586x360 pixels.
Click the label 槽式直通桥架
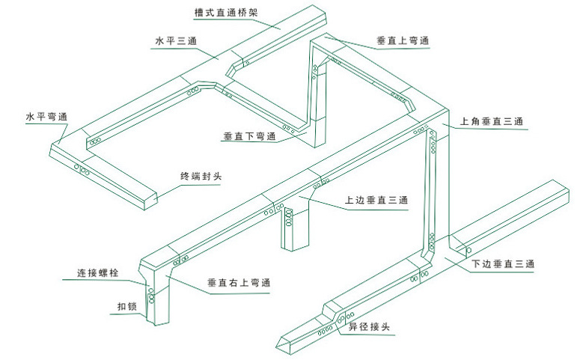pyautogui.click(x=216, y=13)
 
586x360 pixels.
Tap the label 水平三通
pyautogui.click(x=175, y=42)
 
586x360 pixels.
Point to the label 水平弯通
pyautogui.click(x=46, y=118)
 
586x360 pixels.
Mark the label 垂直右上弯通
pyautogui.click(x=239, y=283)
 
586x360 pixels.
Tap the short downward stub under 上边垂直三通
pyautogui.click(x=293, y=232)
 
